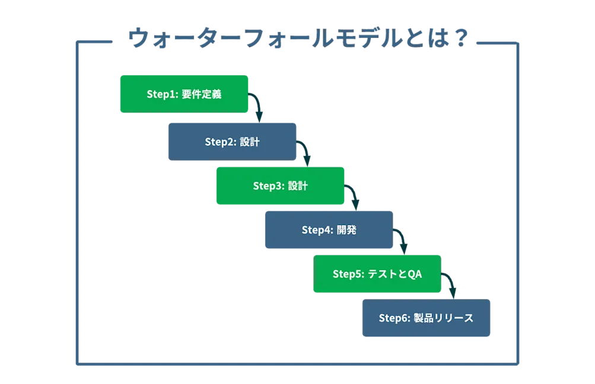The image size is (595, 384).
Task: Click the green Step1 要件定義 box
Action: point(184,94)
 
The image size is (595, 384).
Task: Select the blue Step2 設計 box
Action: point(232,142)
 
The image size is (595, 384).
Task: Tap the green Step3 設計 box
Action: point(280,186)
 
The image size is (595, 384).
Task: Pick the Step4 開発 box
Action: point(329,230)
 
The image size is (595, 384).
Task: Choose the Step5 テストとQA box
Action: point(377,274)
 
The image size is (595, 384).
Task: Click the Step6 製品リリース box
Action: point(427,318)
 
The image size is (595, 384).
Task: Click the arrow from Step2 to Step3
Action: point(305,152)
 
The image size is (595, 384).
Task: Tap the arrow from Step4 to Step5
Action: point(402,241)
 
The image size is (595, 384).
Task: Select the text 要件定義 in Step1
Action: point(202,94)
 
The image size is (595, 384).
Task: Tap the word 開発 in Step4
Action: point(346,230)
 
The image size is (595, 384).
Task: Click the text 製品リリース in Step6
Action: point(444,318)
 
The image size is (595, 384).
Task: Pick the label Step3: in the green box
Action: point(269,186)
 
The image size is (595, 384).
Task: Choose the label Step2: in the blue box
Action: point(221,142)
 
